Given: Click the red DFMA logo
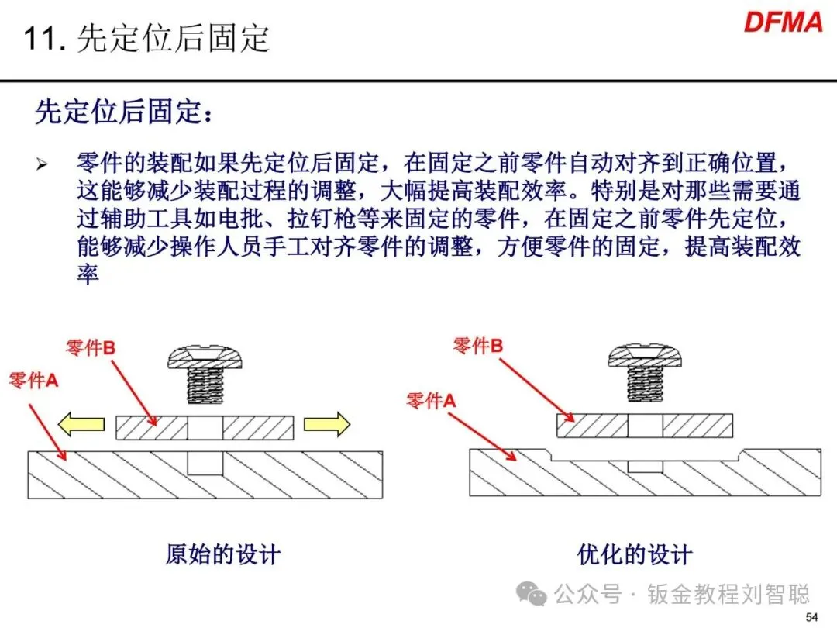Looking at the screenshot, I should click(783, 22).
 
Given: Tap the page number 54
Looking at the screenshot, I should click(811, 617).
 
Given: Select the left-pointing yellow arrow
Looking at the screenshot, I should click(82, 423).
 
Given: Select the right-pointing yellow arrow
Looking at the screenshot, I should click(326, 423).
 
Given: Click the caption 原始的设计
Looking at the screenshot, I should click(222, 554).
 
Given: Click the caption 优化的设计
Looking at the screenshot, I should click(634, 554).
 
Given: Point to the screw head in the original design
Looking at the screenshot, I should click(205, 358).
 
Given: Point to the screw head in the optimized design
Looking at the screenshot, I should click(645, 356).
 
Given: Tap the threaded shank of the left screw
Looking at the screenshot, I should click(205, 385).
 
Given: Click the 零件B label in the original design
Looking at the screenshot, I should click(91, 348).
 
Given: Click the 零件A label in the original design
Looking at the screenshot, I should click(33, 381).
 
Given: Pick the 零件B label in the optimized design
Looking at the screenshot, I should click(477, 346).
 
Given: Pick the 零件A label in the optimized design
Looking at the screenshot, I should click(432, 400).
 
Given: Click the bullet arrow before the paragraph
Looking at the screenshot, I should click(42, 164).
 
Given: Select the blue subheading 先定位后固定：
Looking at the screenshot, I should click(123, 113).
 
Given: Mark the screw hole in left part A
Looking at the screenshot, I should click(205, 463).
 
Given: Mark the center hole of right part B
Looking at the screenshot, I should click(645, 426).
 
